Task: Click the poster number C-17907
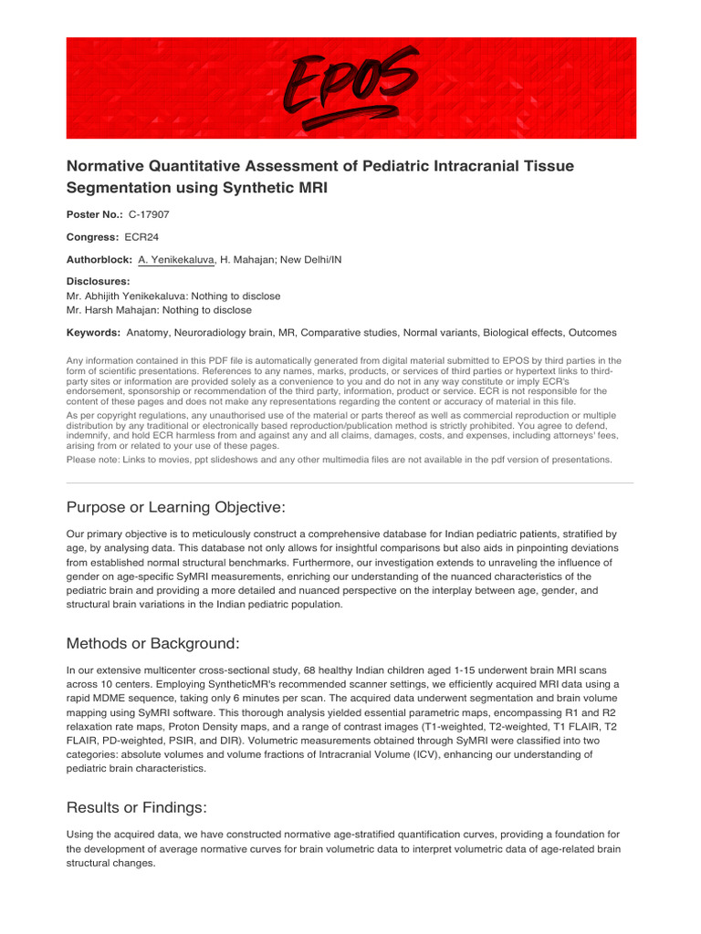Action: pos(148,214)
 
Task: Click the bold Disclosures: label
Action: pos(99,282)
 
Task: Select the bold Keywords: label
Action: pos(94,333)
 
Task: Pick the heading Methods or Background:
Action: pos(153,644)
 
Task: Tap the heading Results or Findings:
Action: pos(137,807)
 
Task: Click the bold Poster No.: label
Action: pos(95,214)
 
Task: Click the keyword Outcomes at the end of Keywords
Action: pos(591,333)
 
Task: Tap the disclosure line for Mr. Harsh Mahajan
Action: pos(160,310)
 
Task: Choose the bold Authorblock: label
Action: pos(99,260)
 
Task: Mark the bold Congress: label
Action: pos(93,237)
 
